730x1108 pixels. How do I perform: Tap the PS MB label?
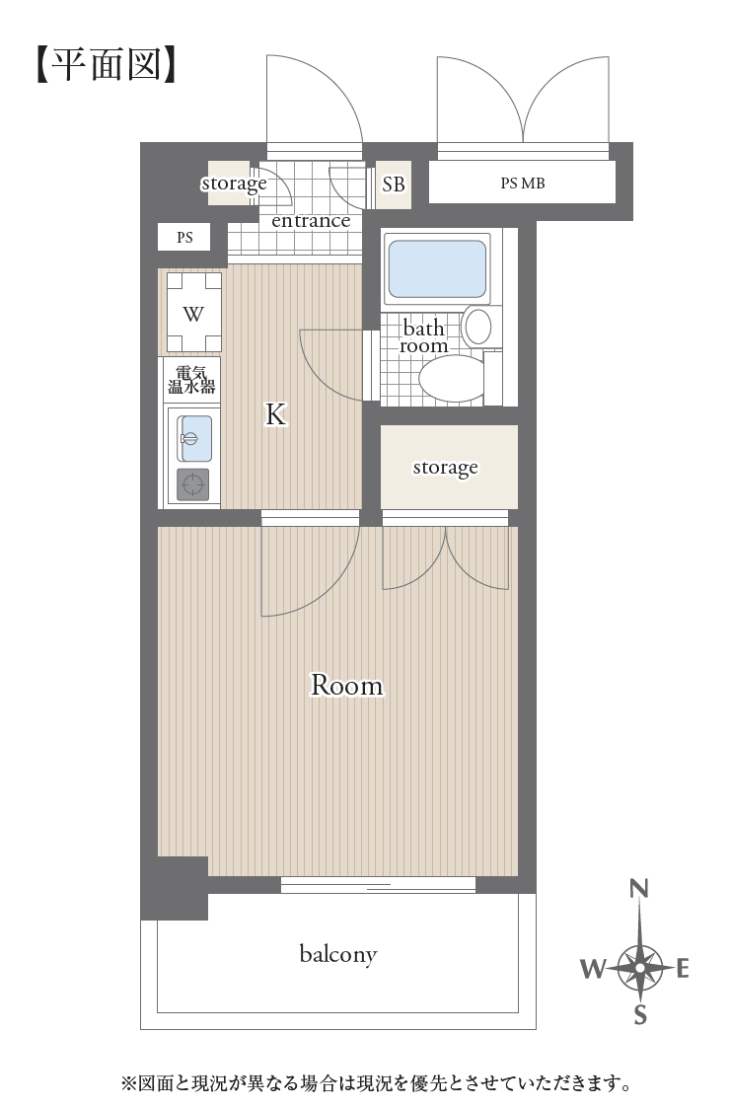coord(523,183)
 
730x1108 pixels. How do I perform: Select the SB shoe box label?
coord(394,185)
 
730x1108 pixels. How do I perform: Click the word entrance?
coord(311,221)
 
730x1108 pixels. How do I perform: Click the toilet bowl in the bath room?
coord(452,378)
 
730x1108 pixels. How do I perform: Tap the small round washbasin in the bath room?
coord(478,328)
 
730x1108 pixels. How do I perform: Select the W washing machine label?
coord(193,314)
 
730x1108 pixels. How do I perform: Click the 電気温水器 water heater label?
coord(191,380)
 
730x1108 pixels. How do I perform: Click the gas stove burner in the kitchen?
coord(193,484)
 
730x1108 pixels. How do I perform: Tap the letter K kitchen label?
coord(275,414)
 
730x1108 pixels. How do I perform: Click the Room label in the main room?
coord(347,685)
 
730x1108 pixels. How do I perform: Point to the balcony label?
coord(338,954)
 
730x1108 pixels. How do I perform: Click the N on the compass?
coord(639,888)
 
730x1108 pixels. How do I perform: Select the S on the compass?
coord(640,1014)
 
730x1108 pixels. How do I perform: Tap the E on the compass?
coord(682,968)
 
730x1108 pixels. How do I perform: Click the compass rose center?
coord(639,967)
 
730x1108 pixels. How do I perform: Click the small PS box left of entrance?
coord(184,238)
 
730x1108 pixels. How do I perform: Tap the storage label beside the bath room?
coord(445,468)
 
